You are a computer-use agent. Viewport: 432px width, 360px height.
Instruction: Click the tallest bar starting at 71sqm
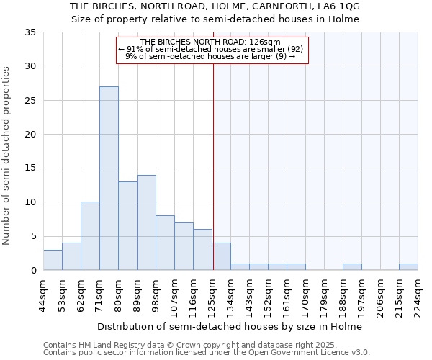109,179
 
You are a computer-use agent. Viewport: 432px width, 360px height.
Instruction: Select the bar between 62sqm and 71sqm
90,236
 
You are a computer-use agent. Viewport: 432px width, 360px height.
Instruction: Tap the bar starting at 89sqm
146,222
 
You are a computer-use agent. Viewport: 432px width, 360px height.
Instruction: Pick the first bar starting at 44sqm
53,260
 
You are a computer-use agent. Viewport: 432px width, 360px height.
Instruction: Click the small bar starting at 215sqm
408,267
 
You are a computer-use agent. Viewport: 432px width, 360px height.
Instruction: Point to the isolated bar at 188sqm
352,267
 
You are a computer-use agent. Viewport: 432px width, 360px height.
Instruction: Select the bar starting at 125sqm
221,257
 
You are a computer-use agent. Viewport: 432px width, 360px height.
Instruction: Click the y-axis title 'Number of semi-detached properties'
7,156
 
